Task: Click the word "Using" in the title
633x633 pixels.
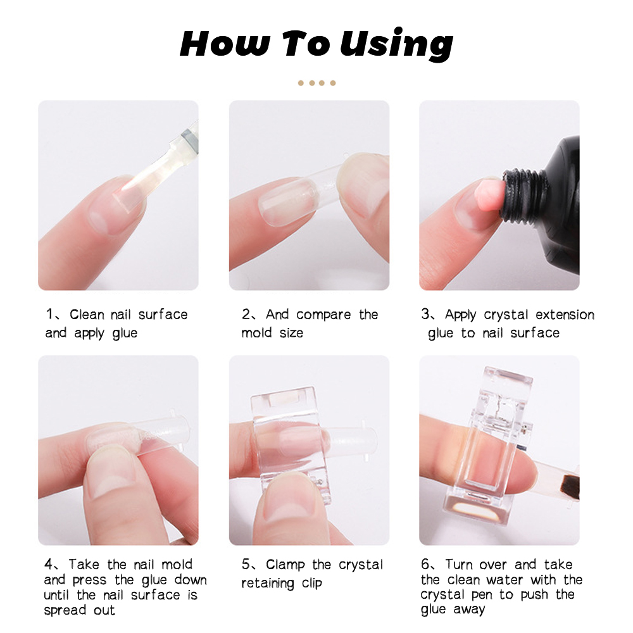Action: (396, 44)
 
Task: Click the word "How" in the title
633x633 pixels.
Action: (225, 43)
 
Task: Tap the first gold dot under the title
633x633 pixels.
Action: (301, 83)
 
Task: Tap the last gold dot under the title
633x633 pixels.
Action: (333, 83)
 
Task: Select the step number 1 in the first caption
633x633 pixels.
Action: (49, 314)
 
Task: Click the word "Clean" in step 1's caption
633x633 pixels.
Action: (87, 314)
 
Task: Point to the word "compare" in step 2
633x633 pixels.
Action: (323, 315)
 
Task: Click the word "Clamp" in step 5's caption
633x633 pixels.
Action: (285, 565)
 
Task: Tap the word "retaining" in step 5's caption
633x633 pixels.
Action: (268, 584)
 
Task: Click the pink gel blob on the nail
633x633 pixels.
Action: (489, 196)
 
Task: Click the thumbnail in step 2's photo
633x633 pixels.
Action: (362, 184)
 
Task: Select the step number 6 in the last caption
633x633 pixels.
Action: (425, 564)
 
